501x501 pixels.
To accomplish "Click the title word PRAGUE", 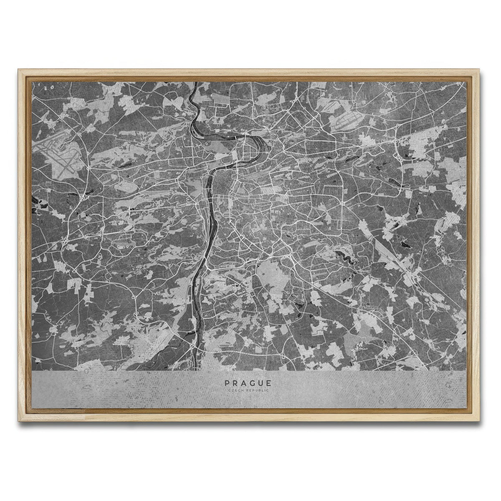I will tap(248, 382).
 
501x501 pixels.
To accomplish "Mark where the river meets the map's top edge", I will tap(195, 83).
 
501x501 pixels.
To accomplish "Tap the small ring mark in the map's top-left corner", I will tap(52, 87).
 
